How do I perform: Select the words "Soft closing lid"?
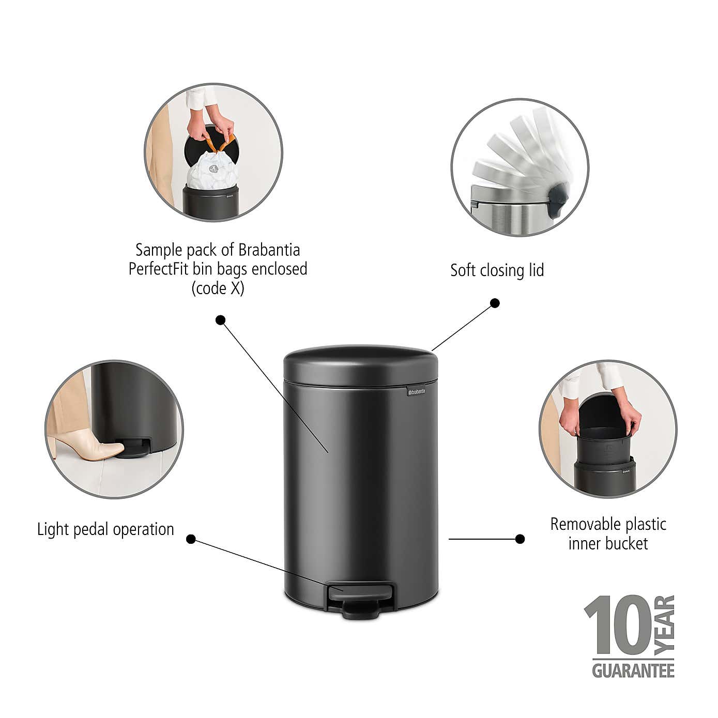(x=497, y=270)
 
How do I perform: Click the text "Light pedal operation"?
(x=105, y=529)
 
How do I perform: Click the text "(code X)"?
(x=218, y=288)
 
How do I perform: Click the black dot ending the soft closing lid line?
(x=495, y=303)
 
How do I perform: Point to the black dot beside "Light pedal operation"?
(x=191, y=539)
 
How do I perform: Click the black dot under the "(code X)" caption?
(x=220, y=320)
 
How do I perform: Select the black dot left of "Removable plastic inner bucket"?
(x=520, y=539)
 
